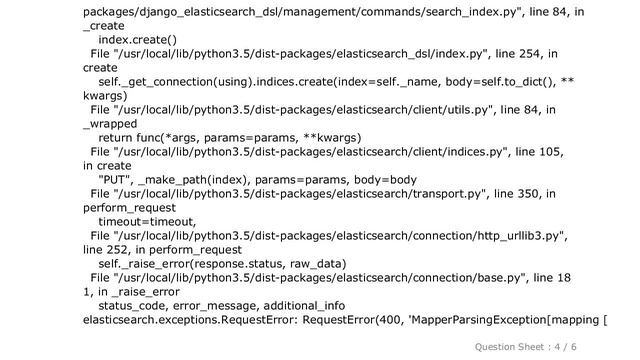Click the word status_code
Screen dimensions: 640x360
[133, 305]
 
